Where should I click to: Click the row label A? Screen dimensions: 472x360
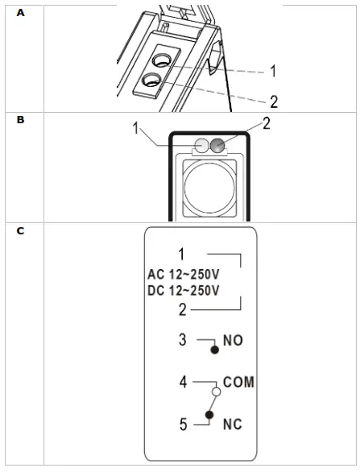tap(20, 13)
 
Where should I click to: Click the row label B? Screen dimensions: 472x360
tap(20, 119)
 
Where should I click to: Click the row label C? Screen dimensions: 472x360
tap(20, 231)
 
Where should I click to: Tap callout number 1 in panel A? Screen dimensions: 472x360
tap(273, 71)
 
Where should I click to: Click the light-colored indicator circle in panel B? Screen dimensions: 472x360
tap(203, 146)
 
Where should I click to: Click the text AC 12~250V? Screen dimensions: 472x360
tap(183, 272)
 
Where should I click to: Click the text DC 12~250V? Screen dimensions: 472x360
tap(183, 290)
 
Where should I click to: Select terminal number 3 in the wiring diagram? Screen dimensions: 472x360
tap(182, 341)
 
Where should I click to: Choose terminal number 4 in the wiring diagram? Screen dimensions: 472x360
tap(182, 382)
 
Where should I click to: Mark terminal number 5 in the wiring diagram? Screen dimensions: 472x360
tap(182, 424)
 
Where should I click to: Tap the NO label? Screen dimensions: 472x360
tap(233, 341)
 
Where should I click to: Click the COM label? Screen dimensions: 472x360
tap(239, 383)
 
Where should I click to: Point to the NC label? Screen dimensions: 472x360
tap(233, 424)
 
